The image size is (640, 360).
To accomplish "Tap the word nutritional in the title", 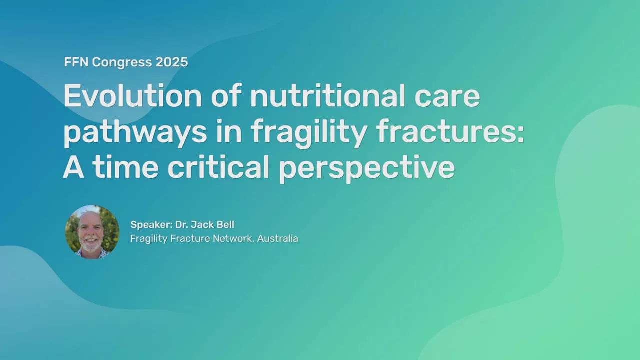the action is tap(327, 96).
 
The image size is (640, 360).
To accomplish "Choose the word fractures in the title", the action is tap(446, 131).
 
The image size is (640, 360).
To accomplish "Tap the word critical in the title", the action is tap(218, 166).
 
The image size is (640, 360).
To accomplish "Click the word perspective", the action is tap(367, 169).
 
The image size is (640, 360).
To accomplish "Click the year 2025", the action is tap(171, 62).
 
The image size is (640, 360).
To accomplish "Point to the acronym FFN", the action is tap(76, 62).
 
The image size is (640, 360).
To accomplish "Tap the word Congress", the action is tap(122, 63).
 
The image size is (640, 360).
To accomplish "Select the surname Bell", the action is tap(225, 225).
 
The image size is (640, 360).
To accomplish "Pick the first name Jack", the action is tap(202, 225).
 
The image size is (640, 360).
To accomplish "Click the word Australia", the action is tap(277, 238).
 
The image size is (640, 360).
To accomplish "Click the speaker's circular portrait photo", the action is tap(92, 232).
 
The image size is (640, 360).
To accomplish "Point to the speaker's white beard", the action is tap(91, 244).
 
